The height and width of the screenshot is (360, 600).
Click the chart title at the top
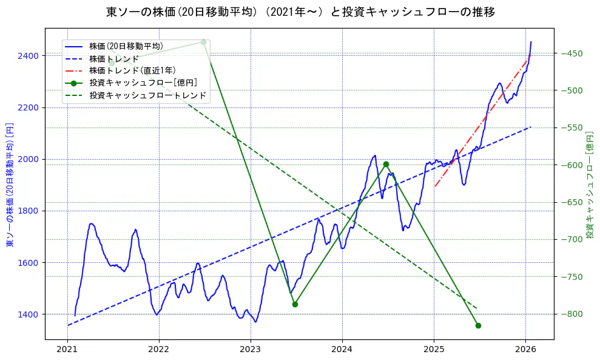tap(300, 12)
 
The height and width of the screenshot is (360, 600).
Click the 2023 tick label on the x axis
tap(251, 349)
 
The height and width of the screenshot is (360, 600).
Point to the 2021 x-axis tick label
tap(67, 349)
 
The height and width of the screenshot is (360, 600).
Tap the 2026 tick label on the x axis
tap(525, 349)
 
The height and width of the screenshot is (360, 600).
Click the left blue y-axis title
tap(10, 185)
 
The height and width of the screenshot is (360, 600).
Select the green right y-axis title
tap(590, 185)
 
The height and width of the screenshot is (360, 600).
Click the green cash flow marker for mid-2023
tap(295, 304)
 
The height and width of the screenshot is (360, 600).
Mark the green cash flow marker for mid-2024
tap(386, 164)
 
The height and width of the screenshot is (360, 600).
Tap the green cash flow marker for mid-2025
tap(478, 325)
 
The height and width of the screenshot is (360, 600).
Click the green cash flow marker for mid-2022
tap(203, 42)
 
